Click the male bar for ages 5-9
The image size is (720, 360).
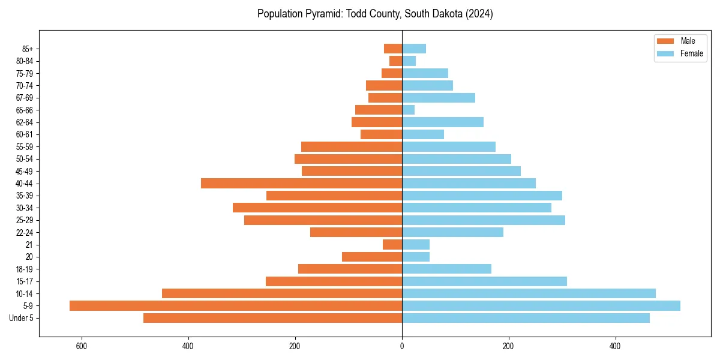236,306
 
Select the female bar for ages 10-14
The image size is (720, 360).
529,293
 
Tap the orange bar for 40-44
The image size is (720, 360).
301,184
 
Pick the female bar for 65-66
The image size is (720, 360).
408,110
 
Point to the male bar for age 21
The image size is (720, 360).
392,245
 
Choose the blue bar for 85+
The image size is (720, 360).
414,49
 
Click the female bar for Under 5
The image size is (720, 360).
526,318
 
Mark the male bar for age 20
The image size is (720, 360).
372,257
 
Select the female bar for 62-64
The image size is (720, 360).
443,122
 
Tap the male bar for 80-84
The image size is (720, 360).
395,61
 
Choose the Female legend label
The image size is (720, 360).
691,53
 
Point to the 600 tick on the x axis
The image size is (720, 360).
82,346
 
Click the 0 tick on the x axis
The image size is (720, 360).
402,346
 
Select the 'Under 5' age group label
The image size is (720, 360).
21,318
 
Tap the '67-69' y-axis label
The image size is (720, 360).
25,98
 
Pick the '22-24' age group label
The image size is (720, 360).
25,232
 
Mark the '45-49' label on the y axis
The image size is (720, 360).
25,171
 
